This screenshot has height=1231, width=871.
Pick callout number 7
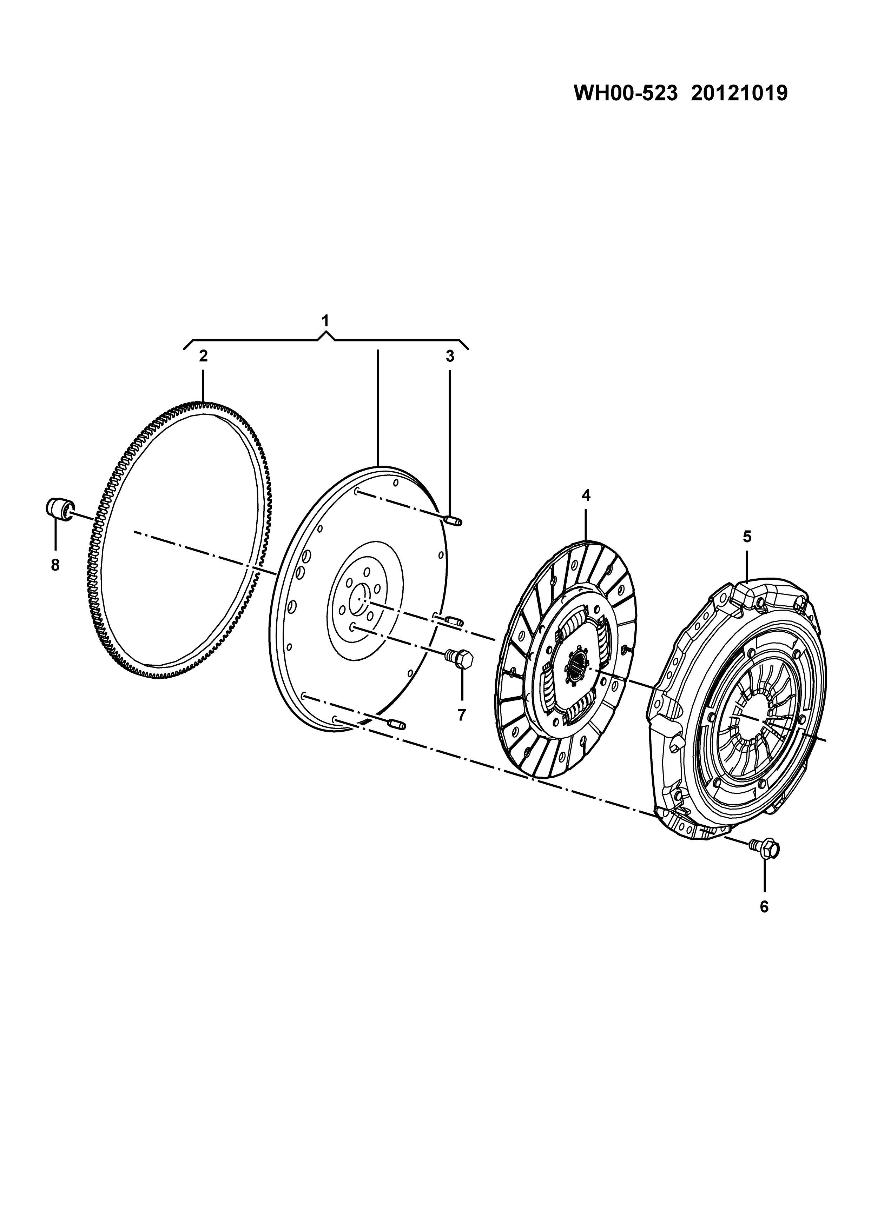(x=461, y=715)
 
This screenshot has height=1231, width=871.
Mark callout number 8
(x=55, y=565)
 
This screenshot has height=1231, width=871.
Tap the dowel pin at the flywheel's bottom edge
(x=397, y=725)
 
